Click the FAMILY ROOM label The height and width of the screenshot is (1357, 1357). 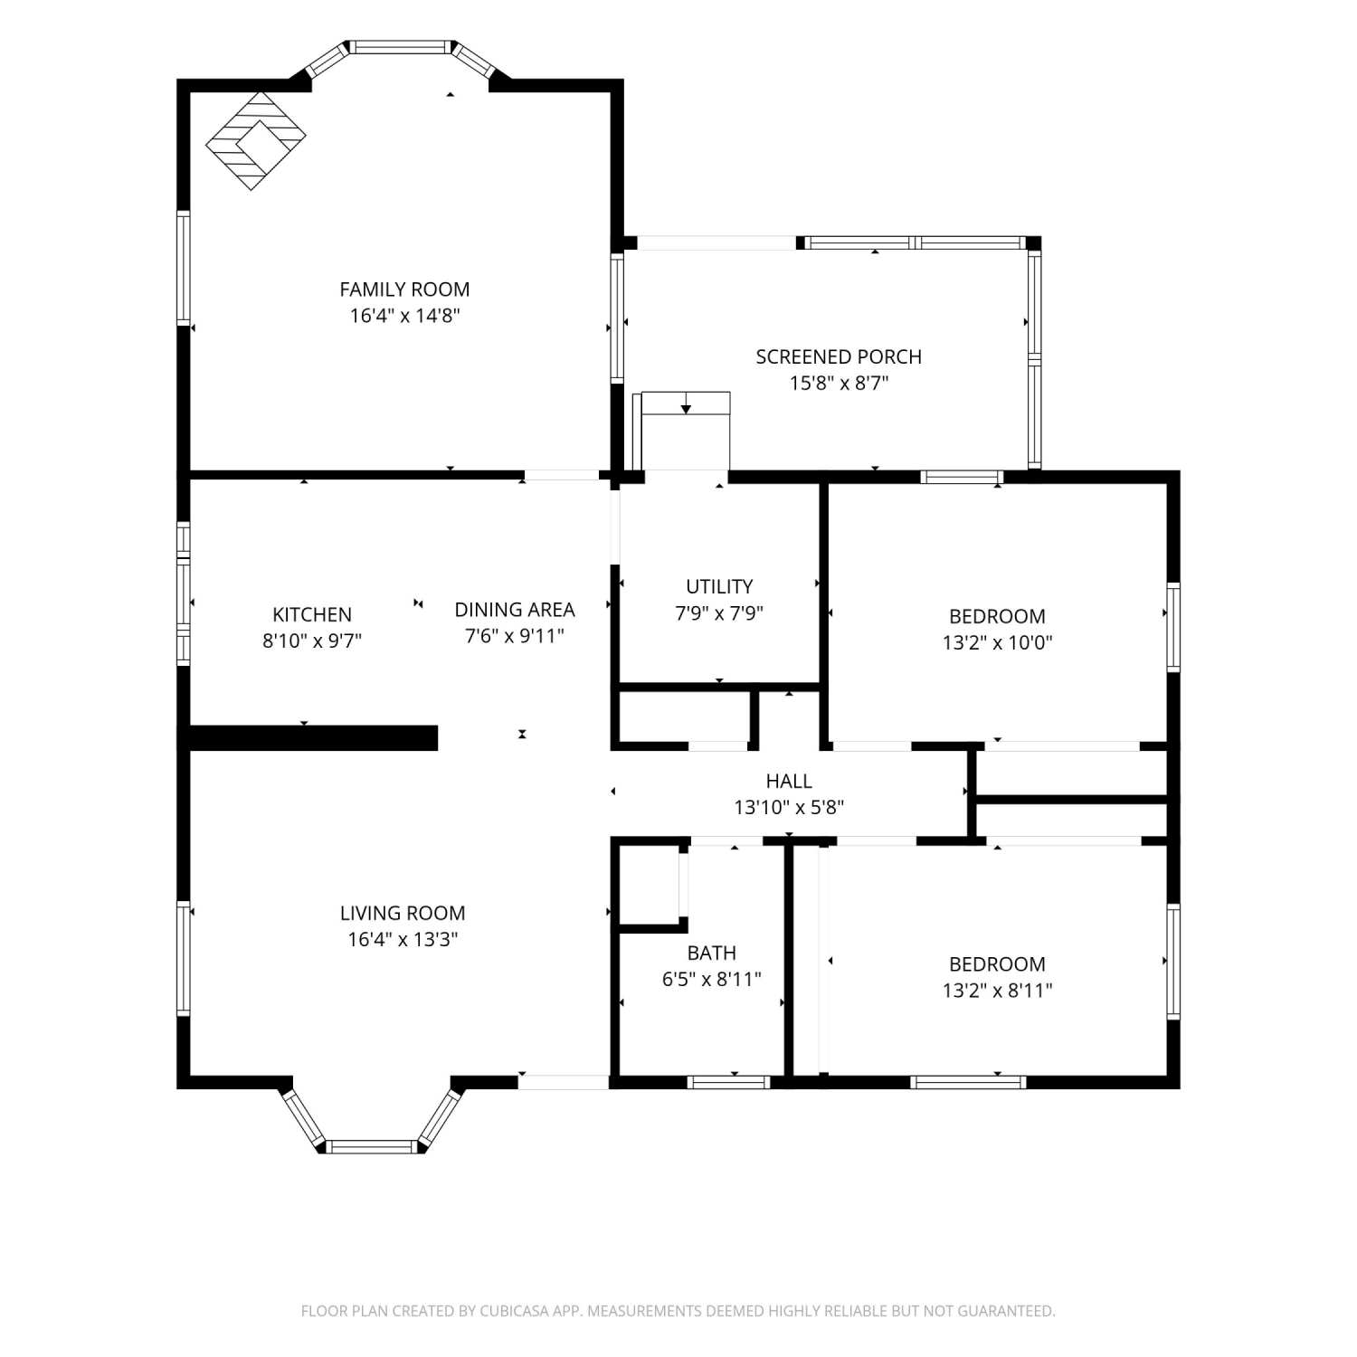point(404,289)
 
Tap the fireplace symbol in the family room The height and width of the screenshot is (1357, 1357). point(255,141)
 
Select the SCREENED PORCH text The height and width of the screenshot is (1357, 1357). point(839,356)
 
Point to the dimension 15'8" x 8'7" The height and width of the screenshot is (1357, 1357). point(839,383)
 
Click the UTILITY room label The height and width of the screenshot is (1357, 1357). point(719,586)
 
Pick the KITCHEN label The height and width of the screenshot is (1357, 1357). point(312,614)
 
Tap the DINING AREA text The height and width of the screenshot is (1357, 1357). point(515,610)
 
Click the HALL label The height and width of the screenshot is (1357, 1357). point(789,781)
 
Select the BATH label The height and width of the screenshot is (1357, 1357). point(712,953)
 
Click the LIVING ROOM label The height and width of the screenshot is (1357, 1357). point(403,913)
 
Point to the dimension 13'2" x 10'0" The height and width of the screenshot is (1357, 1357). point(997,642)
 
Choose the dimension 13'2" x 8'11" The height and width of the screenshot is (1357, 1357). point(997,990)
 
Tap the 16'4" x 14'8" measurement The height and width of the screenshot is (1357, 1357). point(404,316)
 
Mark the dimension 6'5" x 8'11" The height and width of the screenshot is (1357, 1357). point(712,979)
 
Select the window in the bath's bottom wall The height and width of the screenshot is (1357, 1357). point(728,1082)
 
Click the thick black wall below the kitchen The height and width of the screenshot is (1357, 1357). point(313,738)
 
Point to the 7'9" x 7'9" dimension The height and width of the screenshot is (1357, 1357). point(719,612)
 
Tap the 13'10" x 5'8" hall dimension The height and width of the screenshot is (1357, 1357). point(789,807)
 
